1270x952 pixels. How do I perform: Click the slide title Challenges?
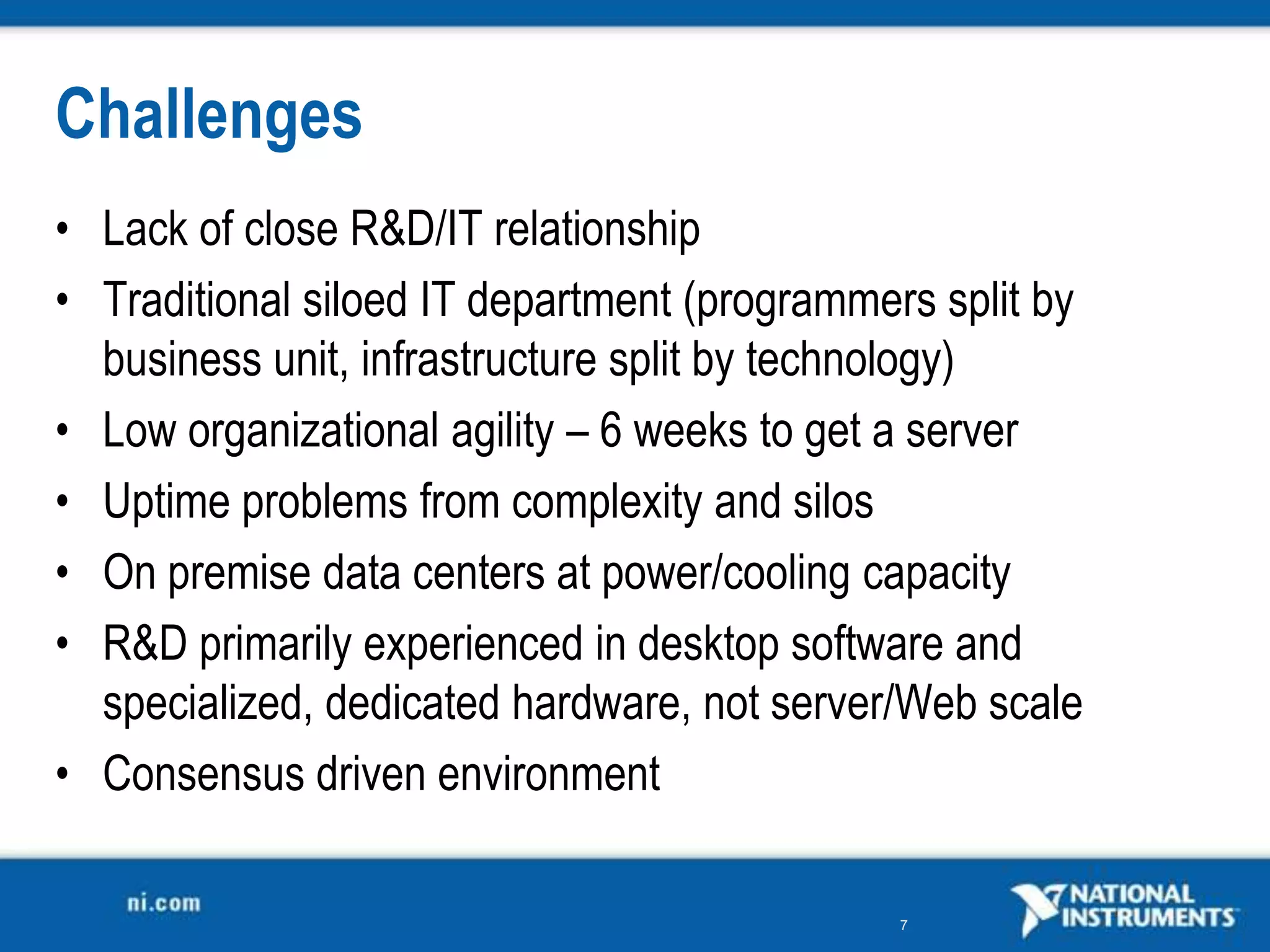coord(208,115)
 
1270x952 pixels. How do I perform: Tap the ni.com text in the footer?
coord(164,903)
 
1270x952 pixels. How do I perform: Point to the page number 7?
coord(904,925)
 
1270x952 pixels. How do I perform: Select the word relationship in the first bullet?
coord(597,229)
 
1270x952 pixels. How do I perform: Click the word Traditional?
coord(196,300)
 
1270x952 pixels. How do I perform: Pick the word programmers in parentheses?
coord(815,301)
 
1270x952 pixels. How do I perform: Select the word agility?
coord(502,432)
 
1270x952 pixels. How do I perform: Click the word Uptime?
coord(166,502)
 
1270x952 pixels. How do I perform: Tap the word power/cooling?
coord(726,574)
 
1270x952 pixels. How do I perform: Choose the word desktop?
coord(708,645)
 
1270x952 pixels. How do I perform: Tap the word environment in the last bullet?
coord(548,774)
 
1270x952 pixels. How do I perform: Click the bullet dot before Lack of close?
coord(61,229)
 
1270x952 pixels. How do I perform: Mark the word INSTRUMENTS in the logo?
coord(1148,917)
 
